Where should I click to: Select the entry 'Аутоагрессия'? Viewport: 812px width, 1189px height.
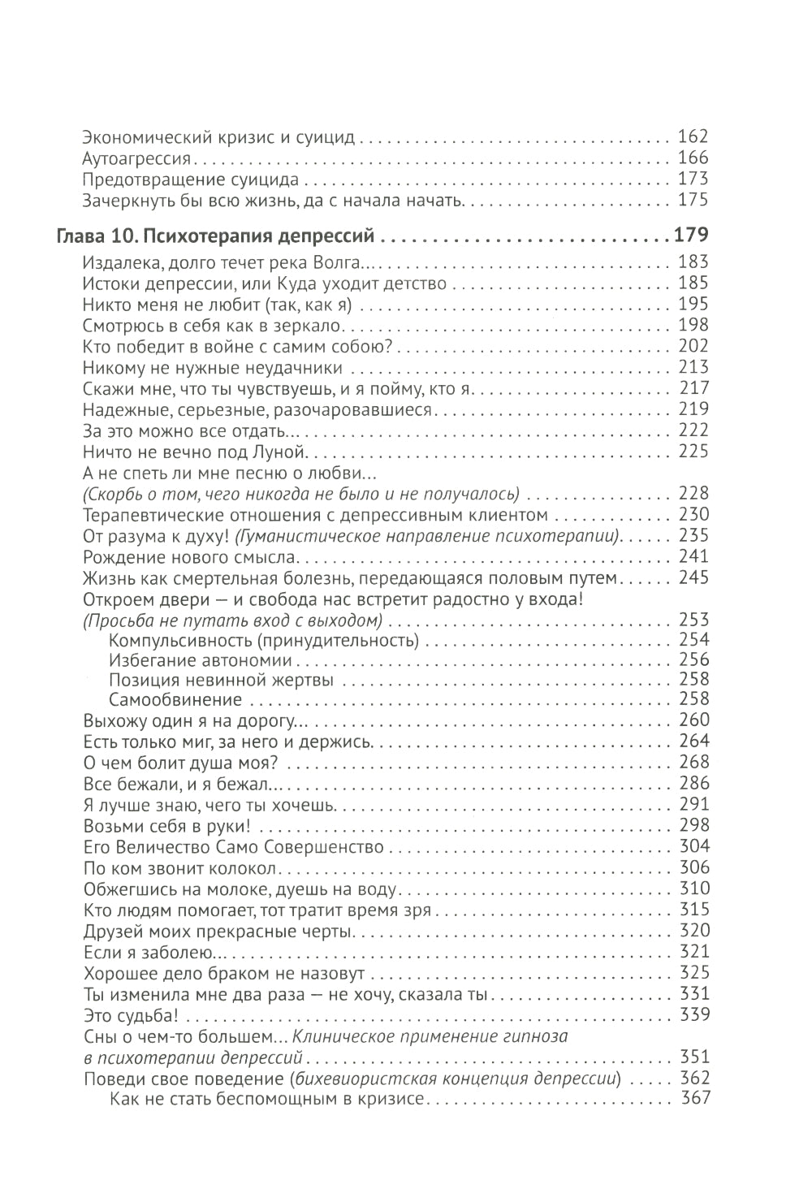[x=125, y=158]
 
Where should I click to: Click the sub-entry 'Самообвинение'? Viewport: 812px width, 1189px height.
[x=175, y=699]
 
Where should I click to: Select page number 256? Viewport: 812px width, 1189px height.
[x=693, y=659]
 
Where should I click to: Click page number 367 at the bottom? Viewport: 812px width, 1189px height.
[x=693, y=1099]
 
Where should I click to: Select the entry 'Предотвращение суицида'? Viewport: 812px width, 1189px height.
[x=191, y=179]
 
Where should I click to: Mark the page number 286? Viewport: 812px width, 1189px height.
[x=693, y=784]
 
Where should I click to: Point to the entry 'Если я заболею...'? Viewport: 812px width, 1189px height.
[x=149, y=952]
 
